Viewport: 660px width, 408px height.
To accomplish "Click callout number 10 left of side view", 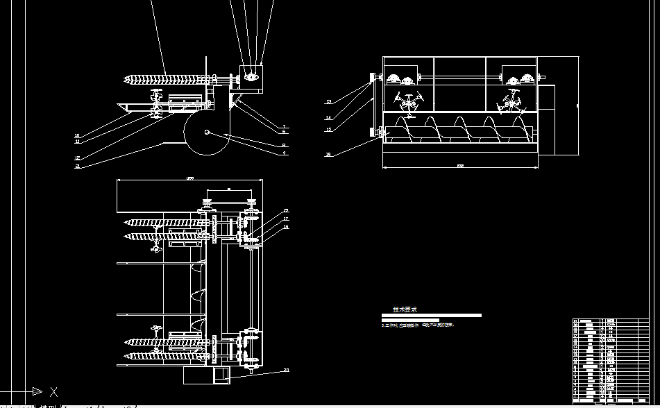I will click(x=76, y=135).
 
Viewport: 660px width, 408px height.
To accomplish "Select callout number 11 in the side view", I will click(x=76, y=141).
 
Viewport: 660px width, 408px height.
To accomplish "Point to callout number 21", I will click(x=76, y=167).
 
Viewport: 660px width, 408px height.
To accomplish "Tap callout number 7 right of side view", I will click(x=284, y=126).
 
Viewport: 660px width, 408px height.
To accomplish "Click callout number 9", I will click(x=284, y=152).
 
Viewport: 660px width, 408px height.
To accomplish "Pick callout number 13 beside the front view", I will click(x=329, y=102).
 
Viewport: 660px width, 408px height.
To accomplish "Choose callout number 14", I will click(x=329, y=118).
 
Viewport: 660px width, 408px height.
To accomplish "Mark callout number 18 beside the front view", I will click(x=329, y=155).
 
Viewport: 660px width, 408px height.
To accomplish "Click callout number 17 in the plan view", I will click(x=285, y=219).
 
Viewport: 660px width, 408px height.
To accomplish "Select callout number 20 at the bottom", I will click(x=285, y=371).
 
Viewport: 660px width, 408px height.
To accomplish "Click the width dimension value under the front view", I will click(x=460, y=166).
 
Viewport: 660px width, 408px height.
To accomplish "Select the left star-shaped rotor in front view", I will click(x=408, y=101).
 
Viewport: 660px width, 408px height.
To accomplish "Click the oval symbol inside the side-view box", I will click(x=251, y=77).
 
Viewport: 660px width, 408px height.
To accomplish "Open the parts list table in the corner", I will click(x=610, y=360).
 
